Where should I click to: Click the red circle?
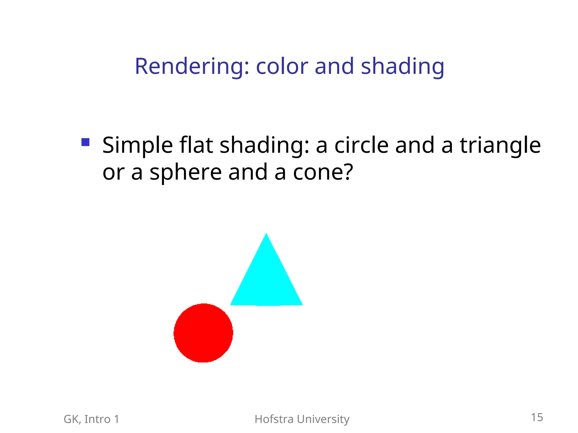pos(203,333)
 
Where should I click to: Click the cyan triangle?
pos(266,282)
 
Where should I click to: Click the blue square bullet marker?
pos(85,142)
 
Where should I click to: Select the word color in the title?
pos(282,67)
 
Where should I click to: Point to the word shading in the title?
pos(402,67)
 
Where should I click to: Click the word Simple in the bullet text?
pos(137,145)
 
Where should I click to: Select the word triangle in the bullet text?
pos(500,145)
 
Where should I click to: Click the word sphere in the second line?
pos(185,173)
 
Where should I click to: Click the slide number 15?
pos(537,417)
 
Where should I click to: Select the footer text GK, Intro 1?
pos(91,419)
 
